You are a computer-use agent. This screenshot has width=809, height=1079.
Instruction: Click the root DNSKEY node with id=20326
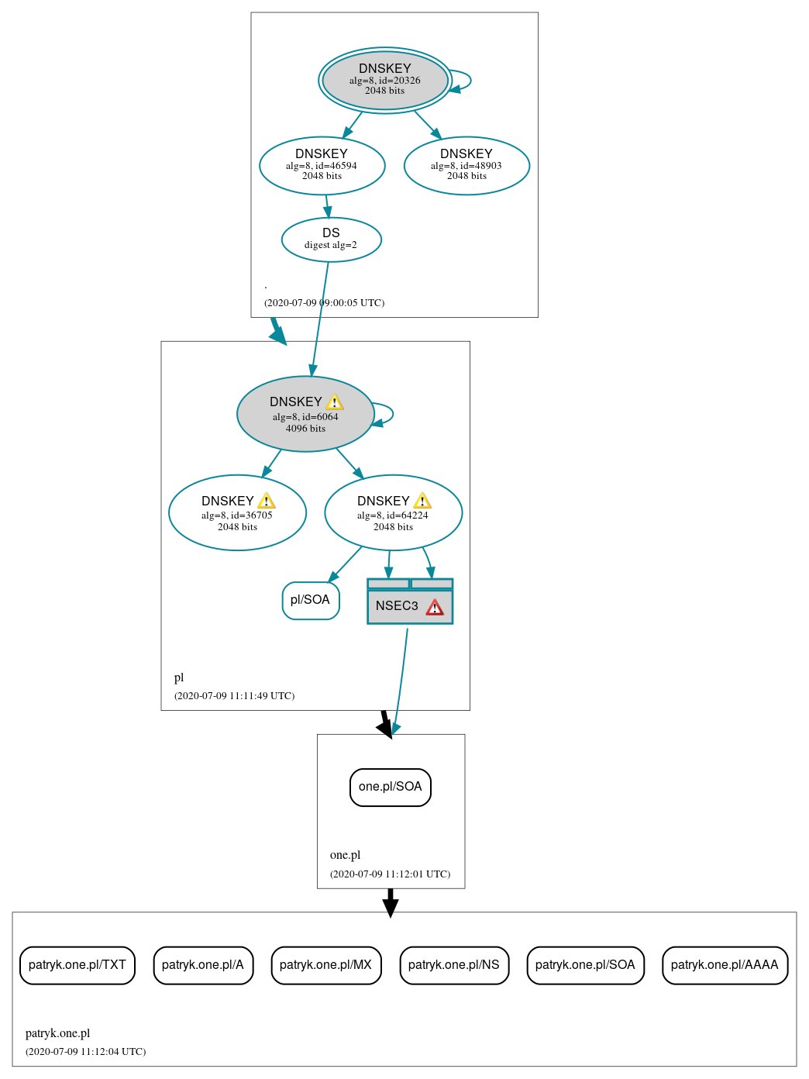(385, 80)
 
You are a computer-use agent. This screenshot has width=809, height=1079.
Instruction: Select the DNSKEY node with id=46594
(322, 165)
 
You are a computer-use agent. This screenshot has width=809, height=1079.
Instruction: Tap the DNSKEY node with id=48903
(466, 165)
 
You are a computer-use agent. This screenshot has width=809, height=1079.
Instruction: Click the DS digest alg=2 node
(331, 240)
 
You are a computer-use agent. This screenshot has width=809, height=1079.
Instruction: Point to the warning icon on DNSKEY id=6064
(335, 402)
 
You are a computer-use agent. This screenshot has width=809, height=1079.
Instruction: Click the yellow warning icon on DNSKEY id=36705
(267, 502)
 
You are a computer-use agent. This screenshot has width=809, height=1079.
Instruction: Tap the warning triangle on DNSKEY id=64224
(422, 502)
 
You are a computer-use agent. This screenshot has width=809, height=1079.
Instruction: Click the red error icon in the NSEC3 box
(435, 607)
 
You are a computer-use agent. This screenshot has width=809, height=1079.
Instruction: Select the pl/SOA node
(311, 600)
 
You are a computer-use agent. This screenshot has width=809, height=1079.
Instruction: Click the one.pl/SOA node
(390, 787)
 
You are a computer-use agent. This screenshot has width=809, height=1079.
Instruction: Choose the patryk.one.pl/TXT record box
(77, 965)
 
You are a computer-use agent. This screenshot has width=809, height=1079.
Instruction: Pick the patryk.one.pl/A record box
(203, 965)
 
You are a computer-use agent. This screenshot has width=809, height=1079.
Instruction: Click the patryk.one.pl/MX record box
(325, 965)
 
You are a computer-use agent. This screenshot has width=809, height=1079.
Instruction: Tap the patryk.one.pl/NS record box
(454, 965)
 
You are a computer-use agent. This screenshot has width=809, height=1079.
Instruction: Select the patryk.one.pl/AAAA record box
(725, 965)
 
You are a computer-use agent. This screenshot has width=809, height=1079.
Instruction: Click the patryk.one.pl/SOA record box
(585, 965)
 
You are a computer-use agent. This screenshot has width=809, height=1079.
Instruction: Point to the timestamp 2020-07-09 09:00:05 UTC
(324, 302)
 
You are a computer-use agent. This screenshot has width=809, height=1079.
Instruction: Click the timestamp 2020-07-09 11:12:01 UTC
(390, 874)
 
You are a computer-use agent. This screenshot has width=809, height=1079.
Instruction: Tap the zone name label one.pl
(345, 855)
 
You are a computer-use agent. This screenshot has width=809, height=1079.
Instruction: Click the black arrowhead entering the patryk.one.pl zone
(391, 908)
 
